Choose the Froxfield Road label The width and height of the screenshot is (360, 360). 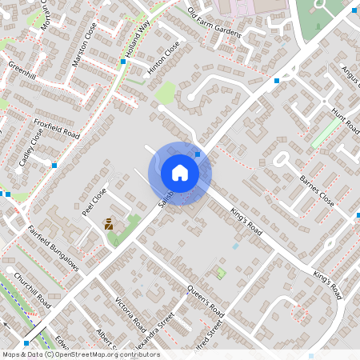(x=57, y=128)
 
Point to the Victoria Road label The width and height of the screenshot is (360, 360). (x=130, y=314)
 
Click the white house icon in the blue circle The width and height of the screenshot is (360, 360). (x=180, y=173)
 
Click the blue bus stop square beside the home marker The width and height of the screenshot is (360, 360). (x=197, y=153)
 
